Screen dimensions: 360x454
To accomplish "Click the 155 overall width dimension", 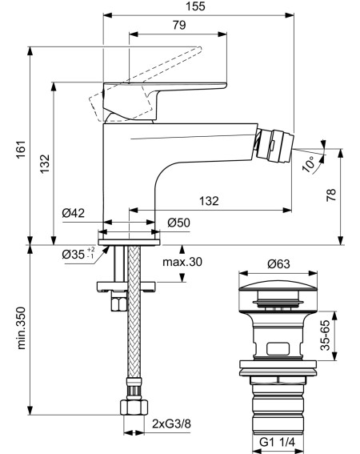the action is [196, 6].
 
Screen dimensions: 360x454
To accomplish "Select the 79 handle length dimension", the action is [179, 25].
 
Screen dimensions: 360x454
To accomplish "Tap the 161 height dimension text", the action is [21, 150].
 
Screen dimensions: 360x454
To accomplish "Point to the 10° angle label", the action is [309, 163].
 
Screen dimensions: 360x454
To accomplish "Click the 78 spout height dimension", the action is [331, 195].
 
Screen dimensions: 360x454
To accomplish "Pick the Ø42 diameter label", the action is [74, 213].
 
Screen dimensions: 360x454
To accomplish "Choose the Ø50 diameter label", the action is [178, 223].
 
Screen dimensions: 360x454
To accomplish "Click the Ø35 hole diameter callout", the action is [78, 254].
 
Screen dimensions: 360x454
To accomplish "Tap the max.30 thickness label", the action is [182, 262].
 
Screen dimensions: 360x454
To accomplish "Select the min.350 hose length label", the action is [21, 328].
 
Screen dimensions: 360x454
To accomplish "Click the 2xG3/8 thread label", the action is [172, 424].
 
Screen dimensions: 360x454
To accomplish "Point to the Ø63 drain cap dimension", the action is [278, 263].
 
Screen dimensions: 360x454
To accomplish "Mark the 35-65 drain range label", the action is [325, 335].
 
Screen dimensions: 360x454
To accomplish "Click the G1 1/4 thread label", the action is [277, 442].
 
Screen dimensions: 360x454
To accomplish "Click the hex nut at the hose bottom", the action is [134, 408].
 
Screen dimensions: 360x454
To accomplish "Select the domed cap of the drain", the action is [278, 285].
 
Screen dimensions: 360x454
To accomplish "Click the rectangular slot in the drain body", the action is [278, 349].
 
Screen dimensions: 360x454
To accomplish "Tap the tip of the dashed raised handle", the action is [199, 49].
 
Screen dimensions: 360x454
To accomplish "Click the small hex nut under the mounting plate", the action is [119, 301].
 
